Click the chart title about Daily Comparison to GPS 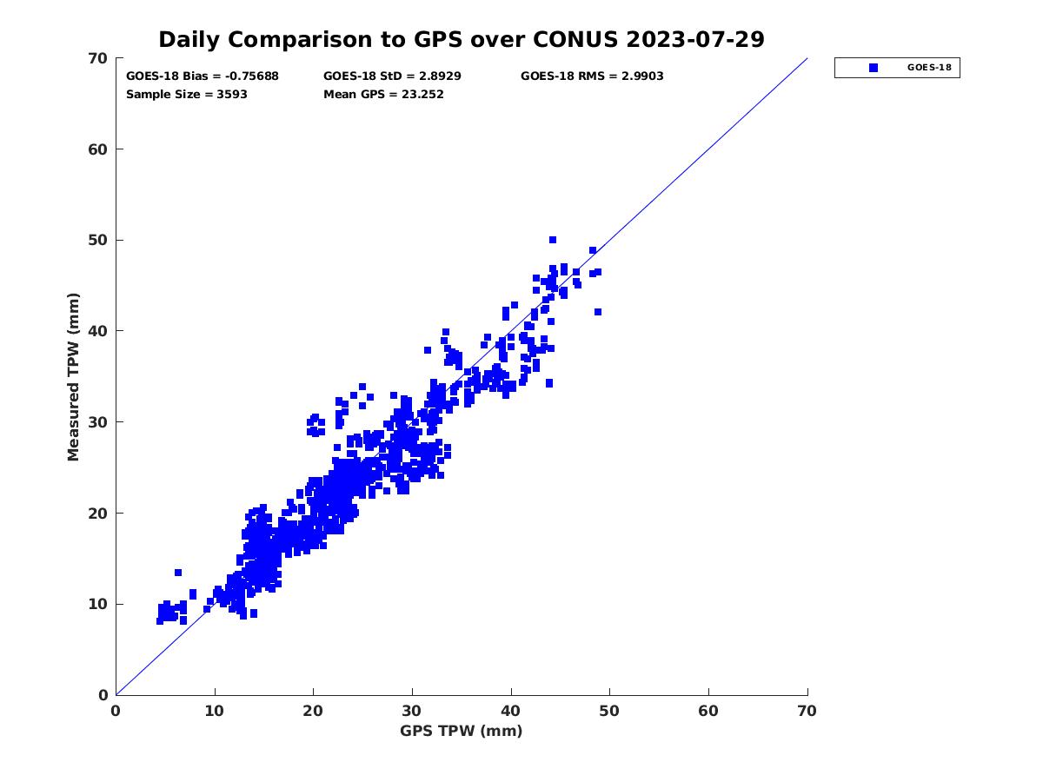(x=461, y=40)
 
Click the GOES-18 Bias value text (x=203, y=76)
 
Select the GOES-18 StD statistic (x=392, y=76)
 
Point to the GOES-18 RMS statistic (x=592, y=76)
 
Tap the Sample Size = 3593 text (x=187, y=95)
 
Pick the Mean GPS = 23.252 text (x=383, y=95)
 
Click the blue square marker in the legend (x=873, y=68)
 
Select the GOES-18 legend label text (x=927, y=68)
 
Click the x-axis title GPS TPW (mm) (x=462, y=731)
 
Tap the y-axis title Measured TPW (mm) (x=73, y=376)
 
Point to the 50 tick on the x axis (x=610, y=712)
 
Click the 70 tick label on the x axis (x=807, y=712)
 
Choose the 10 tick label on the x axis (x=215, y=712)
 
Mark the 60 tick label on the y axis (x=99, y=149)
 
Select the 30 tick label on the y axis (x=99, y=422)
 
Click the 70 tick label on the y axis (x=99, y=58)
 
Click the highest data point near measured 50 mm (x=552, y=240)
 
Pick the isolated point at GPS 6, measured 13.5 (x=178, y=573)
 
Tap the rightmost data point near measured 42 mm (x=598, y=312)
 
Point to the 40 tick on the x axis (x=511, y=712)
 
